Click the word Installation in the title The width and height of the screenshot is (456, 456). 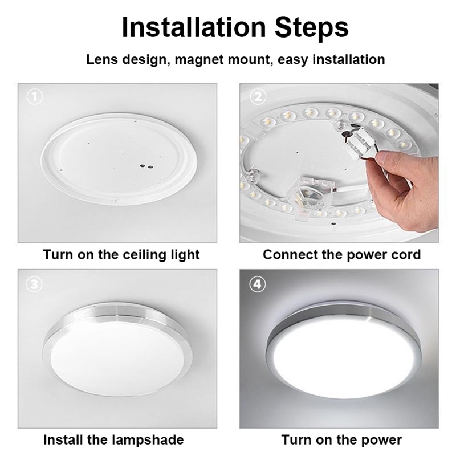[x=194, y=27]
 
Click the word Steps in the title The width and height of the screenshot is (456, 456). [x=312, y=28]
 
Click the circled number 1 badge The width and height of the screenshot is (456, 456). [x=35, y=97]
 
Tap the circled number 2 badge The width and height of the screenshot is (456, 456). [x=258, y=97]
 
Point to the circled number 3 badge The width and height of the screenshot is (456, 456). [x=34, y=284]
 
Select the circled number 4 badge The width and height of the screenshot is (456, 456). [x=258, y=284]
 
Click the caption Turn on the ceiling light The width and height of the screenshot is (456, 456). [x=121, y=255]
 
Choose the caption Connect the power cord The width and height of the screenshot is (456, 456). [x=341, y=255]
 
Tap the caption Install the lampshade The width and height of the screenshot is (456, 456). [x=113, y=440]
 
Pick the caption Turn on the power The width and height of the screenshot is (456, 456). [x=341, y=440]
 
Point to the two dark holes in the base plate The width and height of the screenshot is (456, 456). [x=146, y=166]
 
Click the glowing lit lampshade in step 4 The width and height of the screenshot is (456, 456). [x=343, y=364]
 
